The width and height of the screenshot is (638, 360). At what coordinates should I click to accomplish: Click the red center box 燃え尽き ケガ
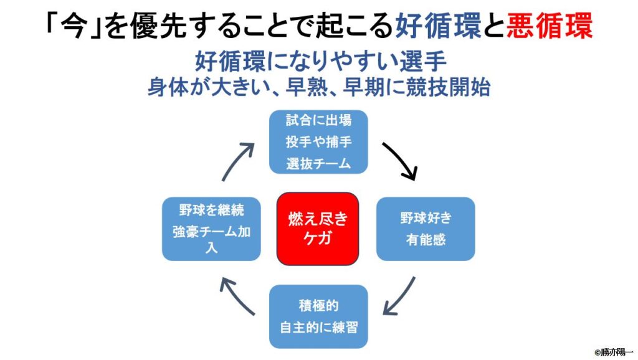click(x=318, y=228)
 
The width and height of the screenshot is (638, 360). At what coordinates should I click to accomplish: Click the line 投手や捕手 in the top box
click(x=318, y=142)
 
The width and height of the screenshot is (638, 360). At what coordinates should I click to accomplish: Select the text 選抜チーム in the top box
click(x=318, y=164)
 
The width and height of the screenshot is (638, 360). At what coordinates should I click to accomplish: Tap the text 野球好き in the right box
click(x=426, y=219)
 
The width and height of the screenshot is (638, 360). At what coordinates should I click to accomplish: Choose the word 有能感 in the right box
click(x=426, y=240)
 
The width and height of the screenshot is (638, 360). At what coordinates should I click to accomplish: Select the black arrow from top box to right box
click(x=400, y=161)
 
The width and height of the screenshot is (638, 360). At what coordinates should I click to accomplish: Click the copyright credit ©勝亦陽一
click(x=612, y=352)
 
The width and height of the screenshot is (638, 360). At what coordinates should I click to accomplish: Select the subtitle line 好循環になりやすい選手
click(x=318, y=62)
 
